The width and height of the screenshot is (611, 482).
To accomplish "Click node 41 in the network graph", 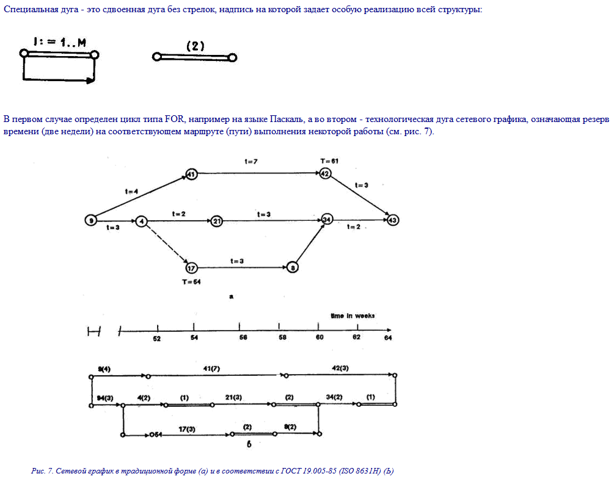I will pos(191,174).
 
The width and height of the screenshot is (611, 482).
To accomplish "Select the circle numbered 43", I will pos(392,220).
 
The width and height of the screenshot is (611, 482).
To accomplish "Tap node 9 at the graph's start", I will pos(91,220).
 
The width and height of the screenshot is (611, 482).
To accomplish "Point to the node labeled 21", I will pos(216,221).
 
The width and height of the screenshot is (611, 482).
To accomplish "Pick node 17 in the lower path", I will pos(191,267).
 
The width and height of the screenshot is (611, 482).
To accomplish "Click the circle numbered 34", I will pos(327,220).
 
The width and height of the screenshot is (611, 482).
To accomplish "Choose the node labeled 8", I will pos(294,267).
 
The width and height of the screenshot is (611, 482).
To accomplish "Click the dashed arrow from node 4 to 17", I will pos(166,244).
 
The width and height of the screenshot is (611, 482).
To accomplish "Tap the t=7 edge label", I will pos(252,161).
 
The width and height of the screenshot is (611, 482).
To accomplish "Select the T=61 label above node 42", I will pos(329,161).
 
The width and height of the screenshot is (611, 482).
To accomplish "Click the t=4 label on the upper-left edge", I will pos(131,192).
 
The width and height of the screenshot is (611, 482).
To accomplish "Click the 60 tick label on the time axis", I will pos(319,339).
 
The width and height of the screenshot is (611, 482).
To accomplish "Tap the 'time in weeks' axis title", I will pos(353,316).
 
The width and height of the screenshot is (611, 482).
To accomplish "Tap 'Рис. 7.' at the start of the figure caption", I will pos(42,471).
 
